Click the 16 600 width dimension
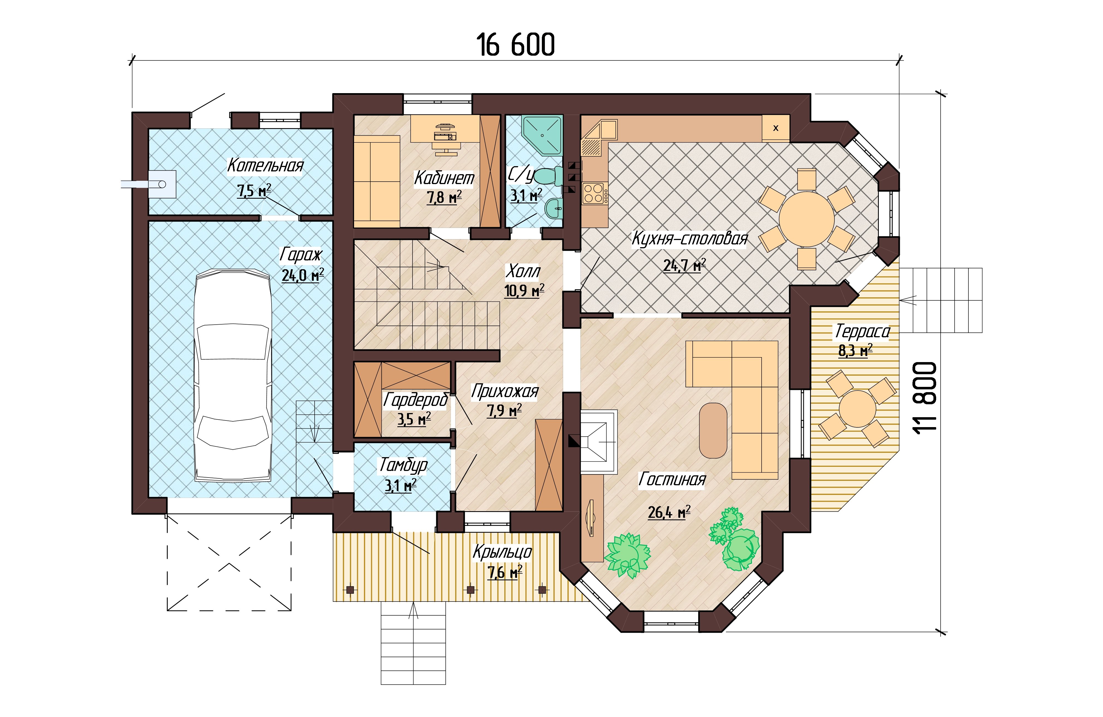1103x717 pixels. point(515,45)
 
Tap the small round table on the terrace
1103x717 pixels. point(857,409)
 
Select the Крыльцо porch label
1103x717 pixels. point(502,552)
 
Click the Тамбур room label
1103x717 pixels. point(403,465)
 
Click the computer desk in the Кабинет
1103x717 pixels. point(445,128)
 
